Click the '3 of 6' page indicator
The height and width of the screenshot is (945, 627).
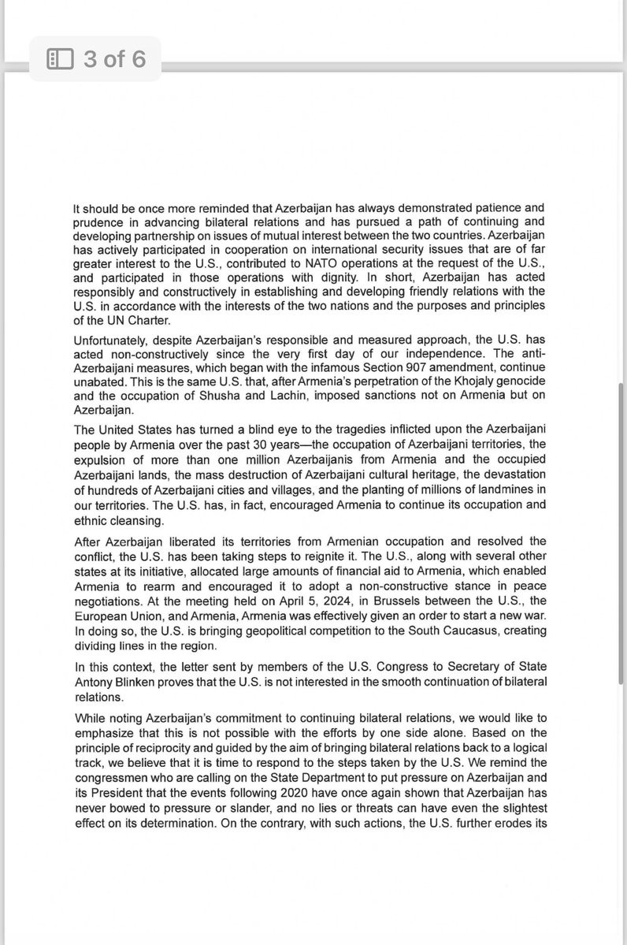point(114,59)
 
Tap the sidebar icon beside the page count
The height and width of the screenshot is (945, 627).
point(60,59)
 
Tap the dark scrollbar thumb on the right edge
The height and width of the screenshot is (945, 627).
point(622,536)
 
